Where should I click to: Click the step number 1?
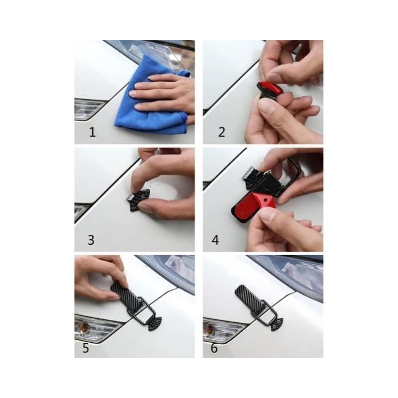[93, 132]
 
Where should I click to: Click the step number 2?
[221, 132]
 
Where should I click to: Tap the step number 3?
[91, 240]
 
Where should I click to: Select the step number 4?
[215, 240]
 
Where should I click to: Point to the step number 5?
[86, 348]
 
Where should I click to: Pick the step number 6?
[214, 348]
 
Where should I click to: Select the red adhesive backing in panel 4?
[253, 207]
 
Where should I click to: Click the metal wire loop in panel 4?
[292, 178]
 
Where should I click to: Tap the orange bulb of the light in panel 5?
[83, 328]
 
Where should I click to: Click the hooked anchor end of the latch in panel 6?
[276, 324]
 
